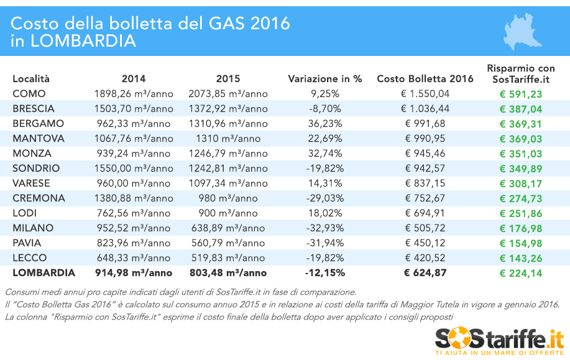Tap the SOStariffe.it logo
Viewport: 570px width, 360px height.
[x=499, y=341]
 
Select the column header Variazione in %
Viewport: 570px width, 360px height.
[x=324, y=79]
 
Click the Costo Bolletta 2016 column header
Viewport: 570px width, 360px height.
[x=425, y=79]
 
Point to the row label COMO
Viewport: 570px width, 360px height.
[x=29, y=94]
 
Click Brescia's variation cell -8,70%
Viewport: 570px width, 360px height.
[x=324, y=108]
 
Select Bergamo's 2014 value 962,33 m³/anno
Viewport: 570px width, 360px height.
[x=134, y=123]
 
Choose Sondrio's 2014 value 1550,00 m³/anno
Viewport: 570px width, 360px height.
[x=134, y=168]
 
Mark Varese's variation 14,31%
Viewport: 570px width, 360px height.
[x=324, y=183]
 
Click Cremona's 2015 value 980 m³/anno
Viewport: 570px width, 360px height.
[x=228, y=198]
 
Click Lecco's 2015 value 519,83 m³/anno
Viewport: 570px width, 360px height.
[x=228, y=257]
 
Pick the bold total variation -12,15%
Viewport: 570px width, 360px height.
[x=324, y=272]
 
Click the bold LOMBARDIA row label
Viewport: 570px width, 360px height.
[x=44, y=272]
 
